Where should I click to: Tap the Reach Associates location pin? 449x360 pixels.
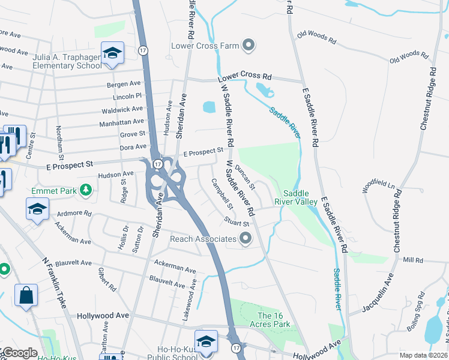coord(245,239)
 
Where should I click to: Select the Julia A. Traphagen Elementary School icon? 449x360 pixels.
coord(112,53)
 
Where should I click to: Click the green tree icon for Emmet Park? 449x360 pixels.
coord(86,190)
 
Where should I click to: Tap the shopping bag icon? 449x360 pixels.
coord(26,295)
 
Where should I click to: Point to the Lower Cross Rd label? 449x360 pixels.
coord(244,77)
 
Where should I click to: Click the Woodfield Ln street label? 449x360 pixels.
coord(381,183)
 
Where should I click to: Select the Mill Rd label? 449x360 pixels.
coord(413,260)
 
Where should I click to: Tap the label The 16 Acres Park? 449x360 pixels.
coord(274,320)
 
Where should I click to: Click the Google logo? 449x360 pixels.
coord(19,353)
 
